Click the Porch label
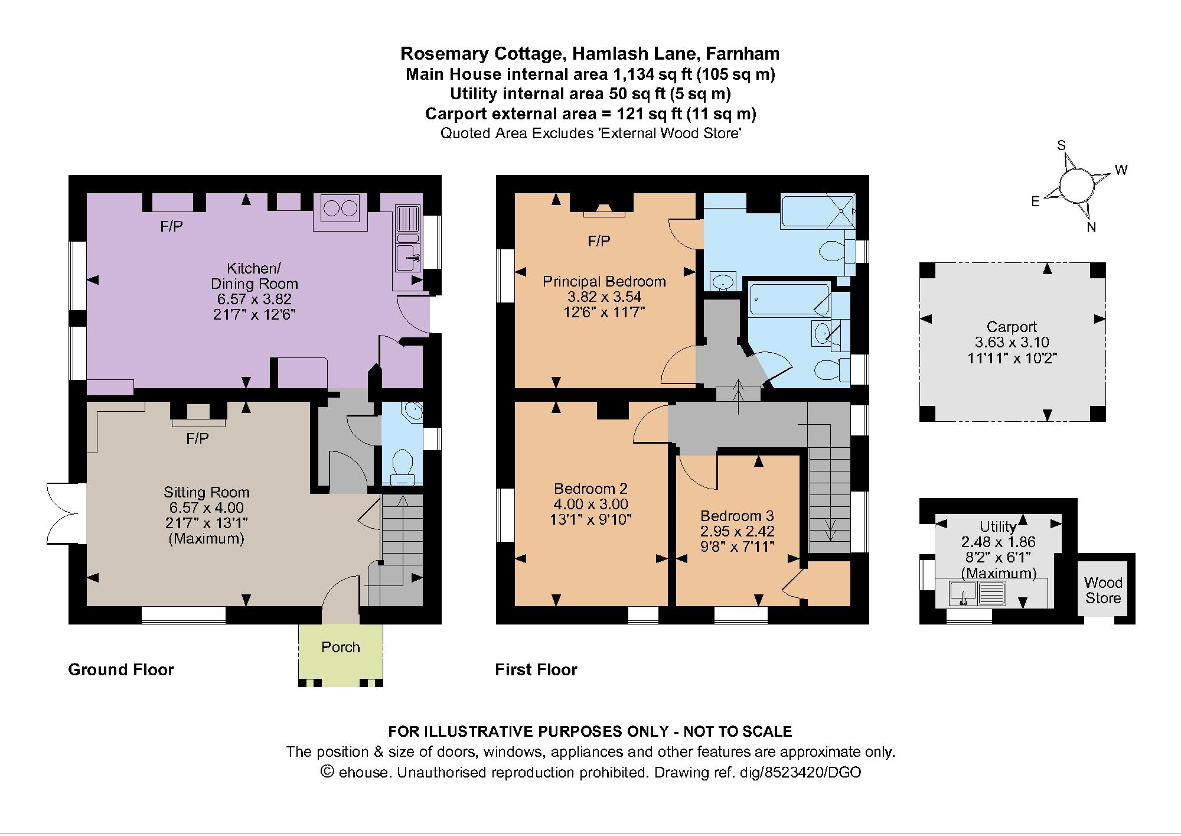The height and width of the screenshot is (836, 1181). [x=341, y=647]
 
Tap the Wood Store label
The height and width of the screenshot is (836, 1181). [x=1103, y=590]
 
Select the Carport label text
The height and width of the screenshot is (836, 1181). [x=1012, y=327]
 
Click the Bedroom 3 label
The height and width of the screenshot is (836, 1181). [x=737, y=516]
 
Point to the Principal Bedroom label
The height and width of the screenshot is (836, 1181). [x=604, y=282]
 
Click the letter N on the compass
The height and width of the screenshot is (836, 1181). [x=1091, y=227]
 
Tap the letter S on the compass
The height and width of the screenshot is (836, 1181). [x=1061, y=146]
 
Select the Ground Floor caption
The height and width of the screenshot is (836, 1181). [x=121, y=669]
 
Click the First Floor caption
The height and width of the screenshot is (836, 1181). [x=536, y=669]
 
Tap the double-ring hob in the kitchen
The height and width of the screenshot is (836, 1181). [x=340, y=209]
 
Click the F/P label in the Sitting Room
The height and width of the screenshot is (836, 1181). [x=197, y=438]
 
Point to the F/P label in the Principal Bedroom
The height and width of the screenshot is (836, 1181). [x=599, y=241]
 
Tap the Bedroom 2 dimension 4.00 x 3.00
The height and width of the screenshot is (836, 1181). [x=590, y=504]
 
